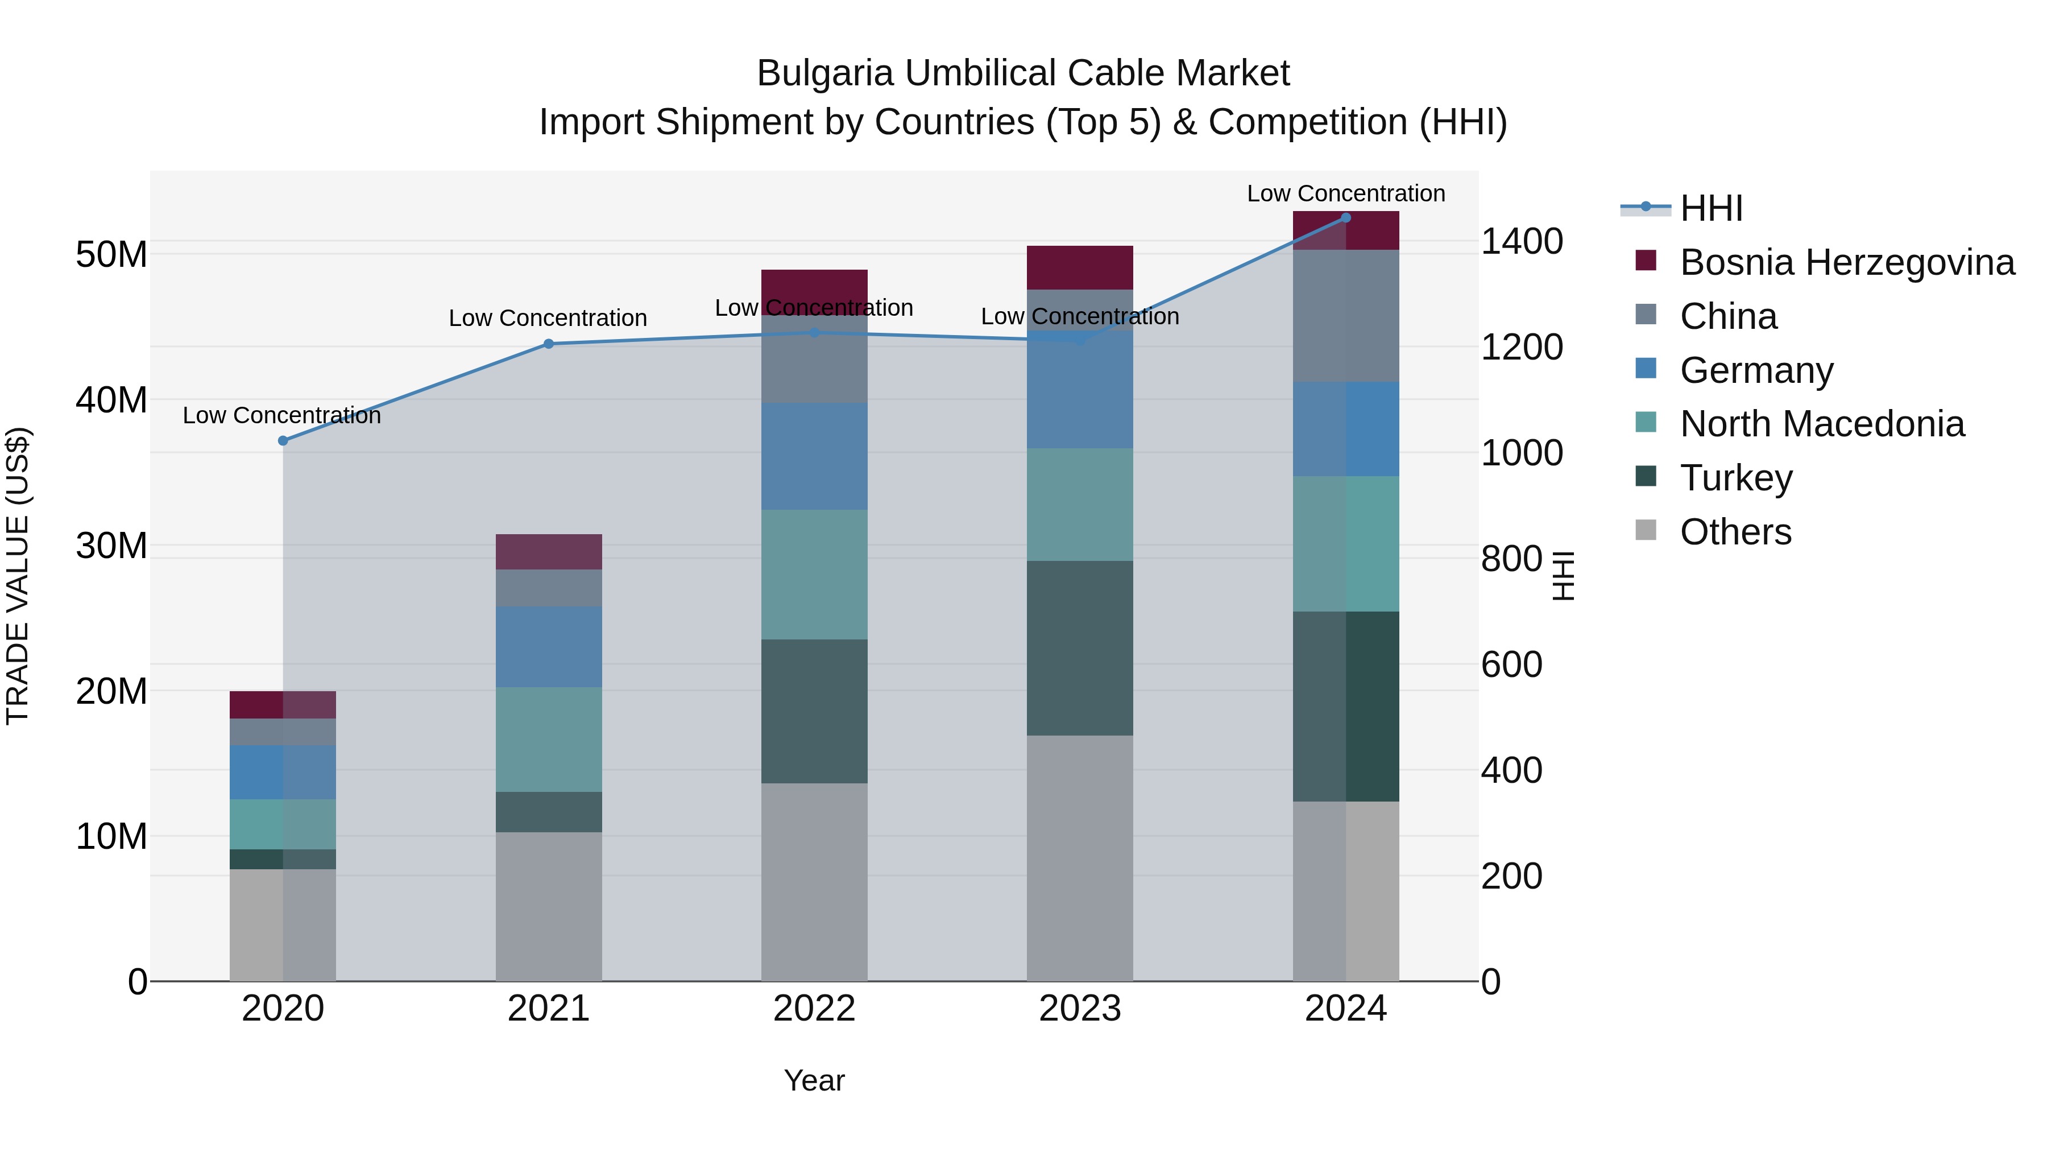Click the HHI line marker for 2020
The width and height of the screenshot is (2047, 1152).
[x=283, y=440]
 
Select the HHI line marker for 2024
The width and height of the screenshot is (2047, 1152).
[x=1345, y=218]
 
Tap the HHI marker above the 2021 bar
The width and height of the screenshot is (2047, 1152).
[x=548, y=344]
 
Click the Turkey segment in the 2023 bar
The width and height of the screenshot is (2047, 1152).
[x=1079, y=648]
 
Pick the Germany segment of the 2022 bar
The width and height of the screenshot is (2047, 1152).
[x=814, y=456]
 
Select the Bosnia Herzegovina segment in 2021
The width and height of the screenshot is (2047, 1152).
[x=548, y=552]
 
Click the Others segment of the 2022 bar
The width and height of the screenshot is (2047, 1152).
[x=814, y=882]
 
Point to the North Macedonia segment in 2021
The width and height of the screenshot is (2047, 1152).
[x=548, y=740]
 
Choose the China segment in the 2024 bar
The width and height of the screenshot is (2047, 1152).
[x=1345, y=316]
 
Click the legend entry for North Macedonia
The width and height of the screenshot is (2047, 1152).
[x=1821, y=424]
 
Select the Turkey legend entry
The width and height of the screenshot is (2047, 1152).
[x=1735, y=478]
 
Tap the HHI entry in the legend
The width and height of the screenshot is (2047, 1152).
[x=1711, y=208]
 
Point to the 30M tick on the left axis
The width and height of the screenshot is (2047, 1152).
[x=111, y=546]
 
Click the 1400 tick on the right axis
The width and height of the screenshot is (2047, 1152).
[x=1521, y=242]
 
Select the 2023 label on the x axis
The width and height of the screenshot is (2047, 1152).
[x=1079, y=1009]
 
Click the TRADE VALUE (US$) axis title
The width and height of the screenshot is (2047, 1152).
[x=18, y=576]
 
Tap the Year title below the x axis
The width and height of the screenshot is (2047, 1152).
[x=814, y=1080]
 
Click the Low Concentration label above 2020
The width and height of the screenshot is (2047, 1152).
[x=281, y=415]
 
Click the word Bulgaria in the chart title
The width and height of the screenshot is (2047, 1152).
[x=825, y=73]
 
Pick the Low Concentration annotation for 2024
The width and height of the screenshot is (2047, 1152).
[x=1345, y=193]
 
